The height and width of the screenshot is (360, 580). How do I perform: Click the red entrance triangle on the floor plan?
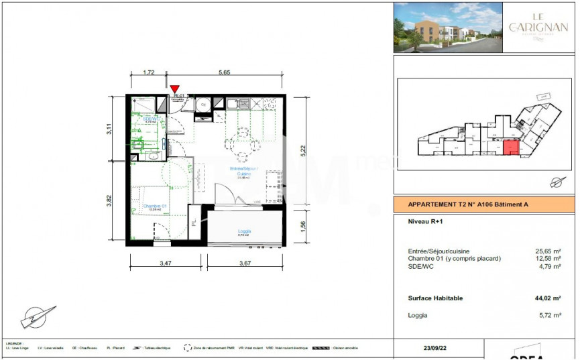[175, 89]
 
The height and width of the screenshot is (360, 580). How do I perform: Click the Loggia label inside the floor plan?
[243, 231]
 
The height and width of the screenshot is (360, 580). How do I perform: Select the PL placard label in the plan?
[194, 221]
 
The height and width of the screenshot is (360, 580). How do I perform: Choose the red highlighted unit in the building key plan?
[510, 147]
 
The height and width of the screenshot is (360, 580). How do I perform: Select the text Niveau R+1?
[426, 221]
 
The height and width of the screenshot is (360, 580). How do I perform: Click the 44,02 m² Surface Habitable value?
[548, 298]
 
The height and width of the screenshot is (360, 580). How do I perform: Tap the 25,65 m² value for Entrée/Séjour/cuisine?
[548, 251]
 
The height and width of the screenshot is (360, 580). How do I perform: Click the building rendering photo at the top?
[447, 27]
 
